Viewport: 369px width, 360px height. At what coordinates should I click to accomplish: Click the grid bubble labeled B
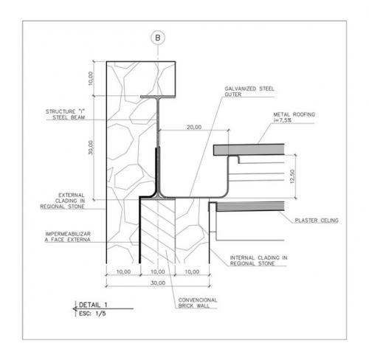pos(158,38)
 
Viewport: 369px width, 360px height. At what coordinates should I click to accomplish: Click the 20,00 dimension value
pos(194,127)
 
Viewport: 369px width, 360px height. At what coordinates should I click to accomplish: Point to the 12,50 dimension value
pos(292,176)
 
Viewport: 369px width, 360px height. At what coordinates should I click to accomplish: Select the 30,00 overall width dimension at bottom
pos(158,283)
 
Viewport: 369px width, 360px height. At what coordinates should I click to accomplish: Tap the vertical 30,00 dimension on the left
pos(91,148)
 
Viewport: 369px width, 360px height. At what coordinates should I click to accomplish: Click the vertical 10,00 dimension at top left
pos(91,78)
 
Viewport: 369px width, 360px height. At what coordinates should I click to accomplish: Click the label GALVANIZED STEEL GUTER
pos(249,91)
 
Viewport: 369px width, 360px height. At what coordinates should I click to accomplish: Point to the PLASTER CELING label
pos(317,221)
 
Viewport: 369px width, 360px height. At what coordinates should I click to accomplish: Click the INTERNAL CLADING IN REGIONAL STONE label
pos(258,260)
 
